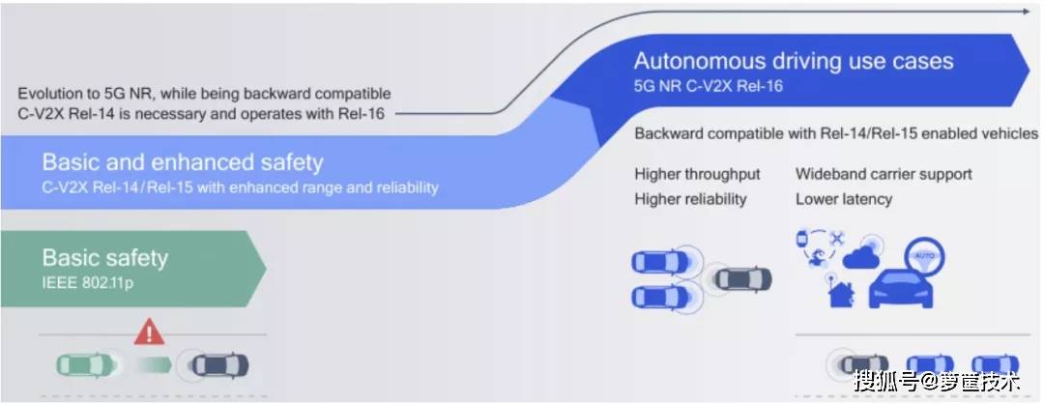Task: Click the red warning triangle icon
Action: pyautogui.click(x=149, y=333)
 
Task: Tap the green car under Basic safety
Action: pyautogui.click(x=86, y=365)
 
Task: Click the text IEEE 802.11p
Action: pyautogui.click(x=89, y=283)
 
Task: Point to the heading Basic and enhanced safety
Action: pyautogui.click(x=183, y=161)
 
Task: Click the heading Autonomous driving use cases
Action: pyautogui.click(x=794, y=61)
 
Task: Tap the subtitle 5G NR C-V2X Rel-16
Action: pyautogui.click(x=709, y=85)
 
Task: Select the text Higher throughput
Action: pyautogui.click(x=697, y=174)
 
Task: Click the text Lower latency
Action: pyautogui.click(x=844, y=199)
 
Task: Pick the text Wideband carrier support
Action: pyautogui.click(x=884, y=174)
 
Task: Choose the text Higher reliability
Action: pyautogui.click(x=690, y=199)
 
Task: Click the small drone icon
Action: pyautogui.click(x=835, y=237)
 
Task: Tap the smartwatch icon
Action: pyautogui.click(x=801, y=239)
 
